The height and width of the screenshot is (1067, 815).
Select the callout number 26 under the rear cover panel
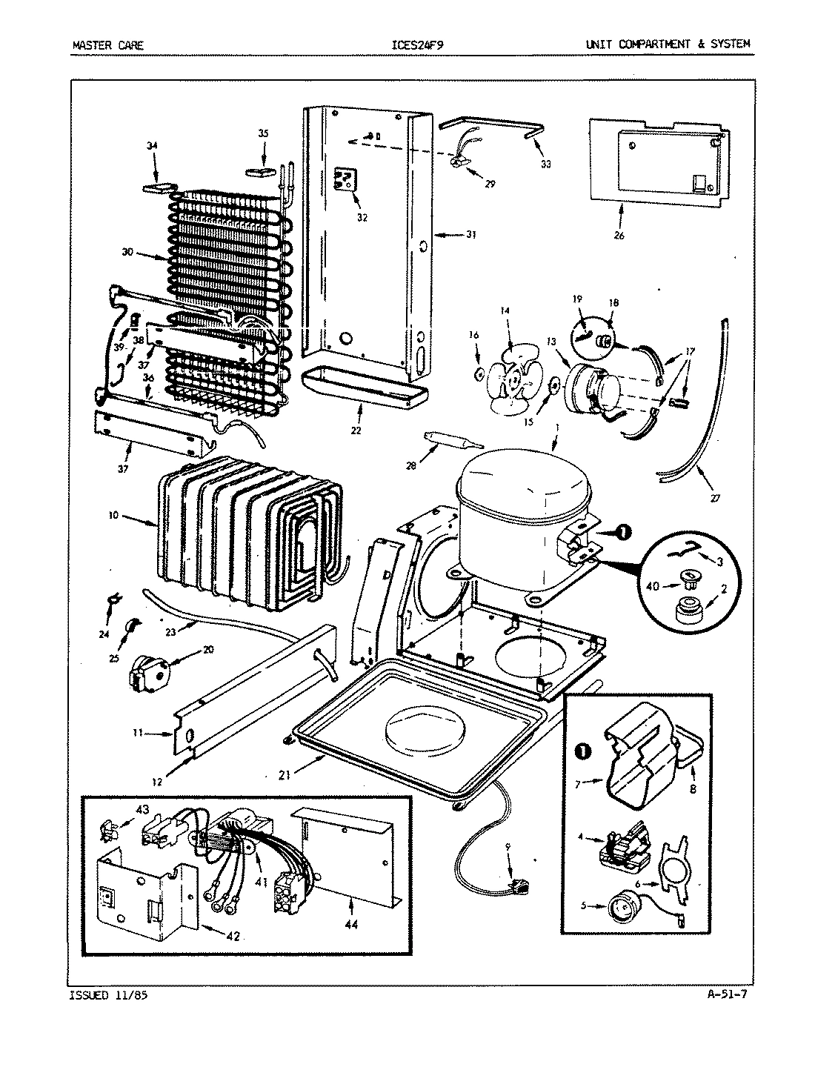tap(619, 236)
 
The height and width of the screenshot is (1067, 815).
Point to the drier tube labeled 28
tap(445, 442)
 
